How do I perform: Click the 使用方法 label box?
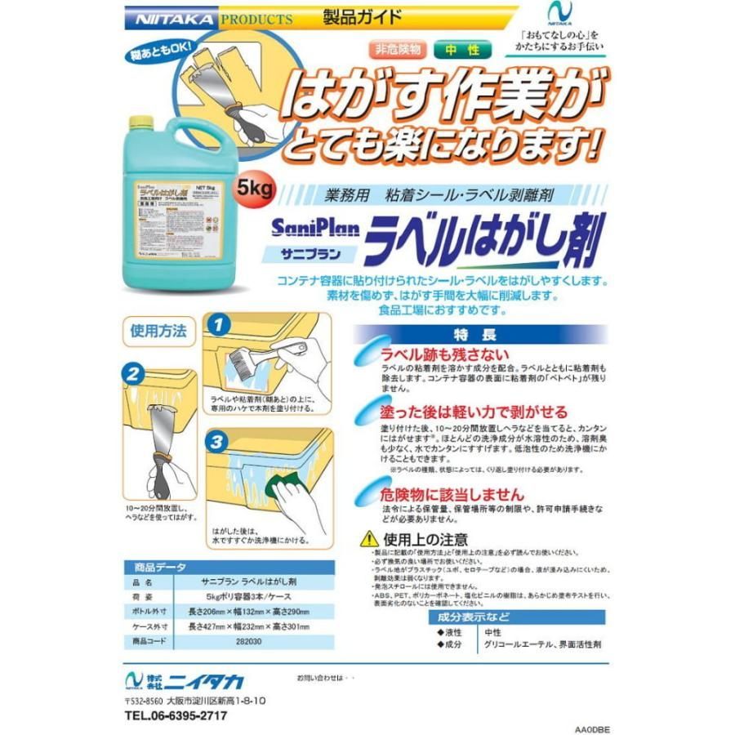point(158,332)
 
